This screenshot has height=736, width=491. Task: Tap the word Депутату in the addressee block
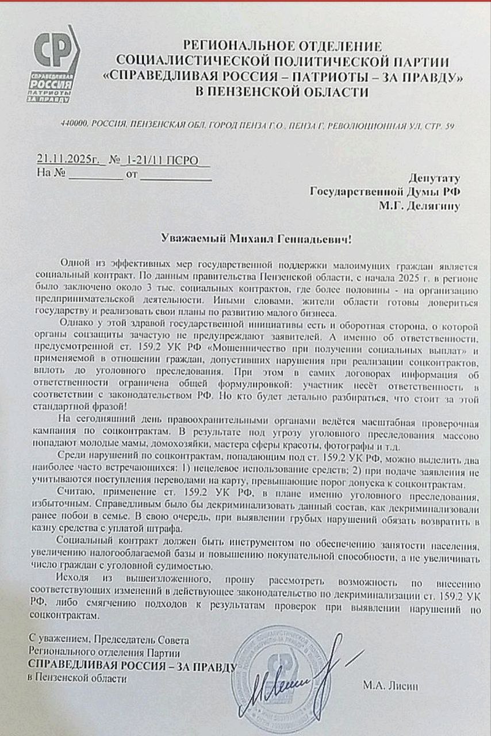click(x=434, y=178)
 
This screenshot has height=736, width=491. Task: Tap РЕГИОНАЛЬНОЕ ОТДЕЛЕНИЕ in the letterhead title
click(x=282, y=45)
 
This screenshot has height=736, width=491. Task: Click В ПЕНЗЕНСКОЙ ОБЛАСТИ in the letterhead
click(x=282, y=92)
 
